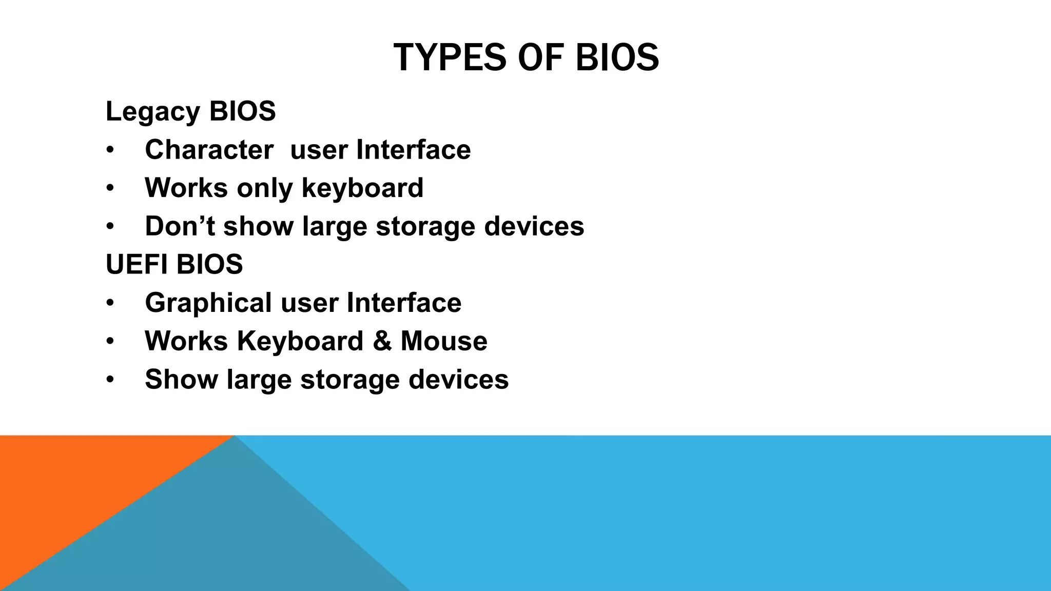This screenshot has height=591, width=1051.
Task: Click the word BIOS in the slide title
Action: [x=617, y=57]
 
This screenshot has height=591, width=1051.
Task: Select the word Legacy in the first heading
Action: [x=153, y=112]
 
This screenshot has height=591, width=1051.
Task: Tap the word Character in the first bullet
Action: [x=209, y=150]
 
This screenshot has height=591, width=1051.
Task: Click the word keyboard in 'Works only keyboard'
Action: [x=362, y=188]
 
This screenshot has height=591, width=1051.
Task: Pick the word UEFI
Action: [x=137, y=264]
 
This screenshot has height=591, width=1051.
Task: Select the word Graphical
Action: [x=208, y=303]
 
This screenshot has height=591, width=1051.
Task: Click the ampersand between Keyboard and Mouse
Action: [x=382, y=341]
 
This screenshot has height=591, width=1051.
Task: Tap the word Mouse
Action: [x=444, y=341]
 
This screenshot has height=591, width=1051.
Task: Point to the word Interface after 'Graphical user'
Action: [x=404, y=303]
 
